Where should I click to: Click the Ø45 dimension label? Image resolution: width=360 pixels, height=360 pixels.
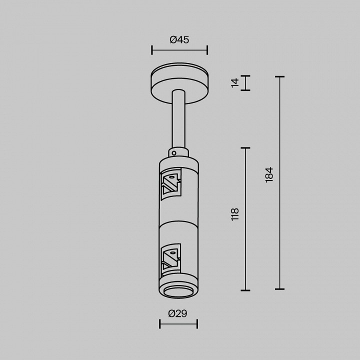tap(179, 40)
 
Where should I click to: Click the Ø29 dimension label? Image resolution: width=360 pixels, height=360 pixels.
tap(177, 313)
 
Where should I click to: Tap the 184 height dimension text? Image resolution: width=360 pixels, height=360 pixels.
tap(269, 174)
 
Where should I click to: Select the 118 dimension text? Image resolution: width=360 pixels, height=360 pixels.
tap(235, 214)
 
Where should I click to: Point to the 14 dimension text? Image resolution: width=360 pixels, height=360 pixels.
tap(235, 83)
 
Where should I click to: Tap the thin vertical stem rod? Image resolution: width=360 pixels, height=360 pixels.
tap(178, 120)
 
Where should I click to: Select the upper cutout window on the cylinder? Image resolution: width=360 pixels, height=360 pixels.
tap(171, 184)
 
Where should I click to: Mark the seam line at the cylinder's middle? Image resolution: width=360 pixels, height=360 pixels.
tap(178, 221)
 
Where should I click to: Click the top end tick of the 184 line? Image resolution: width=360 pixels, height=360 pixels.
tap(279, 77)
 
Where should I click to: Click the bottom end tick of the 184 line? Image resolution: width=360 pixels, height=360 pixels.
tap(279, 289)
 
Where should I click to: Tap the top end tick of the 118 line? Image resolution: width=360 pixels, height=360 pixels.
tap(245, 148)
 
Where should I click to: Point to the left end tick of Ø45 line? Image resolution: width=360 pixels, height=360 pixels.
tap(151, 49)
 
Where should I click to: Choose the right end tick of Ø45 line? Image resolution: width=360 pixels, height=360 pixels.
tap(207, 49)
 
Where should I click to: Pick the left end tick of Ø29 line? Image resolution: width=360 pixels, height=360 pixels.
tap(160, 324)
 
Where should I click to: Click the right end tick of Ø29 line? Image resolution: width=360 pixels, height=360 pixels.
tap(197, 324)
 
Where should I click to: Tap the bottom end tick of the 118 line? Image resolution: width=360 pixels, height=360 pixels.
tap(245, 290)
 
